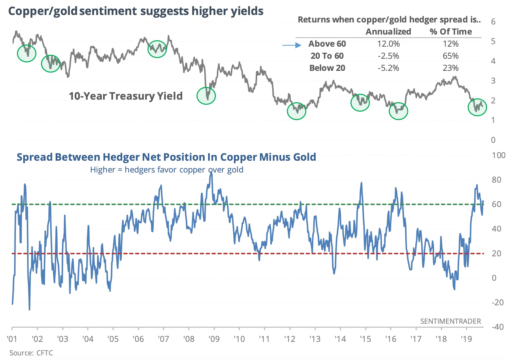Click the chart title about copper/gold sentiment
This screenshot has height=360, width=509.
136,11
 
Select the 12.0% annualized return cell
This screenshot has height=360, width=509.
389,44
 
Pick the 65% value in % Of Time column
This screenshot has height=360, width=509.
450,56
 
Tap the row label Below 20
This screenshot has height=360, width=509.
327,68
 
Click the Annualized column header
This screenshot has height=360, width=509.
388,32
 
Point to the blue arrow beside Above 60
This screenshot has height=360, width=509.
292,45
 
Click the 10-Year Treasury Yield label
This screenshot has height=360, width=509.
126,96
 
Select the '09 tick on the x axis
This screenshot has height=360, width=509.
214,339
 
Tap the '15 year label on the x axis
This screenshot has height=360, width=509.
365,339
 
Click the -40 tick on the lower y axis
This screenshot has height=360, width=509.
497,327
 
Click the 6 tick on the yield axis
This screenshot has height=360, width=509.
493,22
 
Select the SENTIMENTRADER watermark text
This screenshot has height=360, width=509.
450,321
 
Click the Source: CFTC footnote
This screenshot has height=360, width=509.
31,353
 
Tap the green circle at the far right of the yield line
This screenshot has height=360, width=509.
477,107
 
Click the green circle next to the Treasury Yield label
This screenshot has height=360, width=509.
206,96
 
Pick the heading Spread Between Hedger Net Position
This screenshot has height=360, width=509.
166,157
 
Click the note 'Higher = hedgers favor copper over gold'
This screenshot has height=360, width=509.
167,170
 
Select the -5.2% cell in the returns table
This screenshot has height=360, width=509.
389,68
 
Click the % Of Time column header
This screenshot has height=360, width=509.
451,32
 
